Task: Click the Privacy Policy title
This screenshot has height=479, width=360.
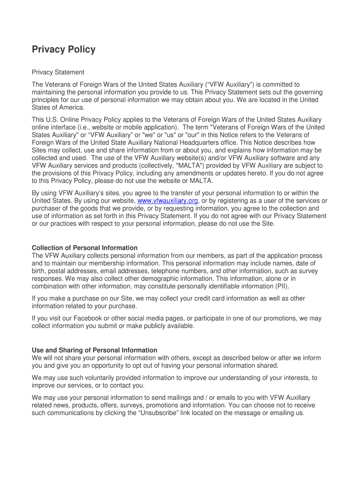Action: click(x=64, y=50)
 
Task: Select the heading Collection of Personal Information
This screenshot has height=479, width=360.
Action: click(x=85, y=248)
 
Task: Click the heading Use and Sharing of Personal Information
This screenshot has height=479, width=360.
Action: click(x=94, y=350)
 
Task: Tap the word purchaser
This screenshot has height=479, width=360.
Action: click(x=47, y=208)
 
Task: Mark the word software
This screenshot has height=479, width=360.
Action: click(x=277, y=158)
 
